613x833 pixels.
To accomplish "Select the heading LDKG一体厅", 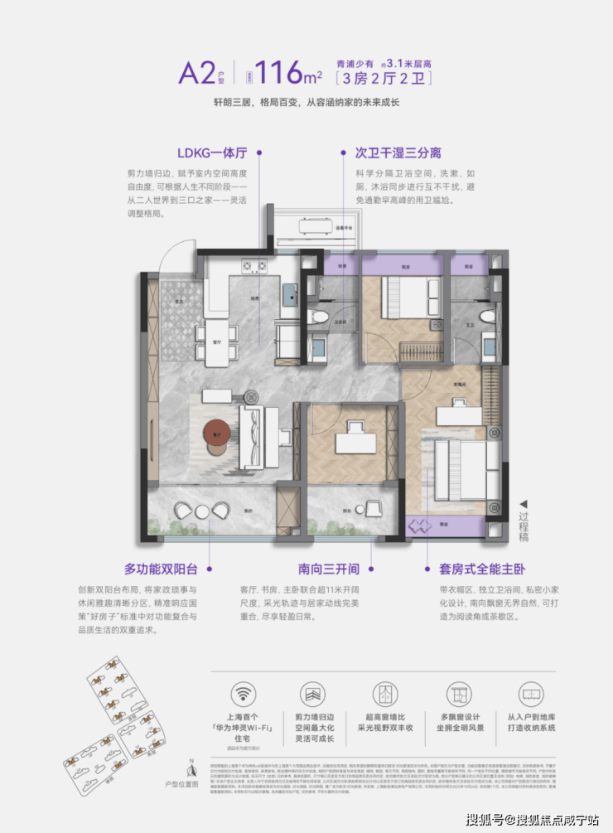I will [x=211, y=153].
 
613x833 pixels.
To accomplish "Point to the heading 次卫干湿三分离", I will [x=398, y=153].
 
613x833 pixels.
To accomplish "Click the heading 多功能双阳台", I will [x=162, y=569].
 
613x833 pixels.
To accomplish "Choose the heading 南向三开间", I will [x=329, y=569].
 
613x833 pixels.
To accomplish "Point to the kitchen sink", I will [x=289, y=296].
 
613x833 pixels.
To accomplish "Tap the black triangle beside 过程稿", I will [x=522, y=504].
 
